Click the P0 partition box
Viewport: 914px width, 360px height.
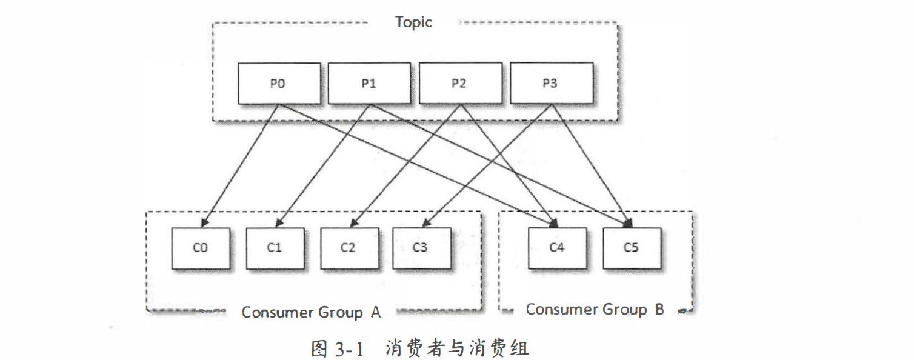point(278,83)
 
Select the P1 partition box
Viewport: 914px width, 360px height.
point(369,83)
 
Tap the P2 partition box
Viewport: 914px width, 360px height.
point(459,83)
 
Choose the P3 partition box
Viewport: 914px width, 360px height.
point(550,83)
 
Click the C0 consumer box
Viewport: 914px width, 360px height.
point(201,248)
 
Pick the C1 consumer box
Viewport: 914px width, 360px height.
point(275,248)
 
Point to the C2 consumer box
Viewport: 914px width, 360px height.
point(349,248)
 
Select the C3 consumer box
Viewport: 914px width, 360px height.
point(421,248)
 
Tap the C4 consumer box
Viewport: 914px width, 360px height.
point(557,248)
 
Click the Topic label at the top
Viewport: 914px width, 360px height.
point(413,22)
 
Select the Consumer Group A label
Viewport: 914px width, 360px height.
point(311,312)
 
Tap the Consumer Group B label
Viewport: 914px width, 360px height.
point(595,309)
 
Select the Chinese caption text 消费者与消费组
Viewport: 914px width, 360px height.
point(457,348)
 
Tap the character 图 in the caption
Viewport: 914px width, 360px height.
point(319,348)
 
